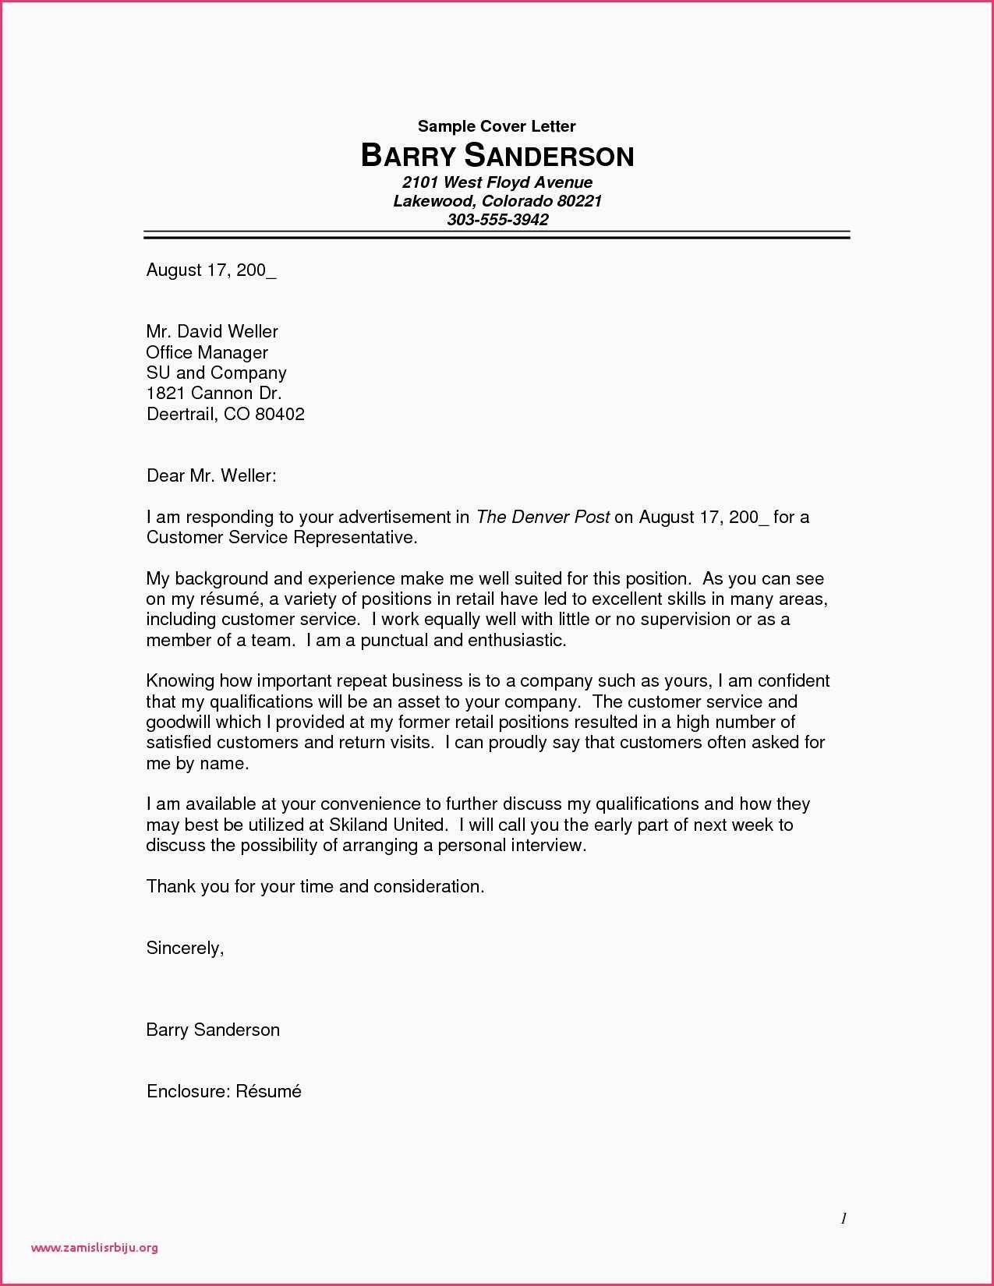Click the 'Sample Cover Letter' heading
[497, 126]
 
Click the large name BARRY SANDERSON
[497, 156]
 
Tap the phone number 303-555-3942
[497, 220]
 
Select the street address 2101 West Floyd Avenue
[497, 182]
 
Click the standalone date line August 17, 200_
[211, 270]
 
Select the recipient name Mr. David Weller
[212, 331]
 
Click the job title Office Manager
[207, 352]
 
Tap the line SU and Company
[217, 373]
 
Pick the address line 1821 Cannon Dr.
[214, 393]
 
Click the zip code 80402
[280, 414]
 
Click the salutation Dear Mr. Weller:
[211, 475]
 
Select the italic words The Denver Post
[543, 517]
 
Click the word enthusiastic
[516, 641]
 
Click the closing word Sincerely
[185, 948]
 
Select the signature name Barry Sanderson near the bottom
[213, 1030]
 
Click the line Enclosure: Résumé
[224, 1091]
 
